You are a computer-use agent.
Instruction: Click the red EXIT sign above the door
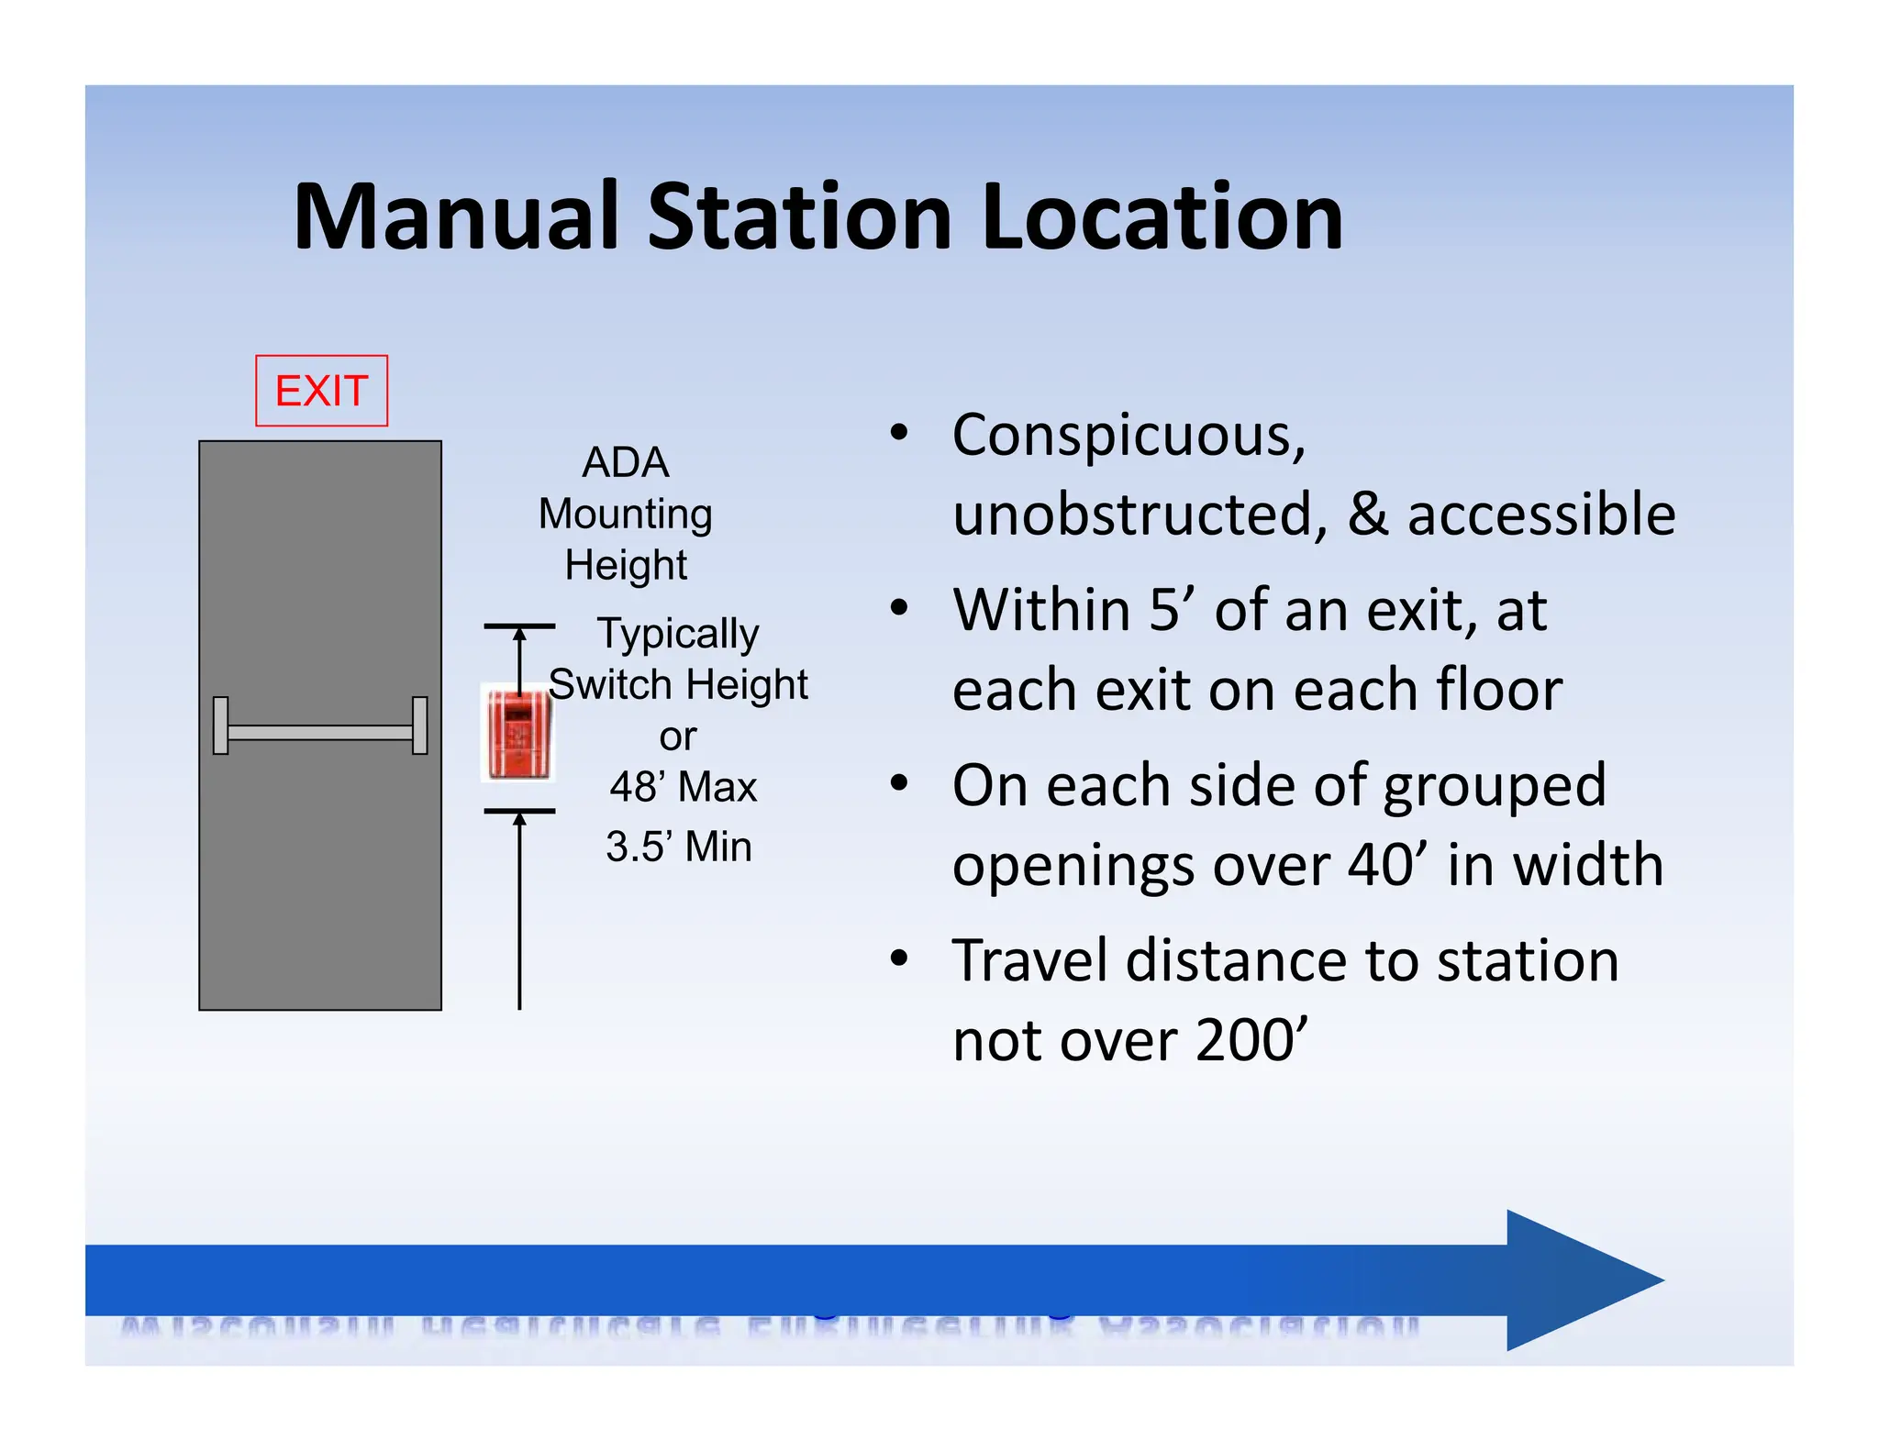(x=321, y=391)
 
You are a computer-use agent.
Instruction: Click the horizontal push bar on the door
(x=320, y=731)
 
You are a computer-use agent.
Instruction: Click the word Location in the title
(x=1162, y=217)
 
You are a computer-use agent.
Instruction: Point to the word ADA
(x=626, y=462)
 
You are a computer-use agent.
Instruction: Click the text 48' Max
(x=684, y=787)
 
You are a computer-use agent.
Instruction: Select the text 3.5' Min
(x=679, y=846)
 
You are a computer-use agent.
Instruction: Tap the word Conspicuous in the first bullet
(x=1128, y=436)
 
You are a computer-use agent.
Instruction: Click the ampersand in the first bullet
(x=1367, y=514)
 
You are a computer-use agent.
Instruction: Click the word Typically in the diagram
(x=678, y=634)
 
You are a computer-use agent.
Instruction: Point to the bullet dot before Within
(x=899, y=607)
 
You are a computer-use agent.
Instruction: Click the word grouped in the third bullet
(x=1494, y=787)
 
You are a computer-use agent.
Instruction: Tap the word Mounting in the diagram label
(x=626, y=514)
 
